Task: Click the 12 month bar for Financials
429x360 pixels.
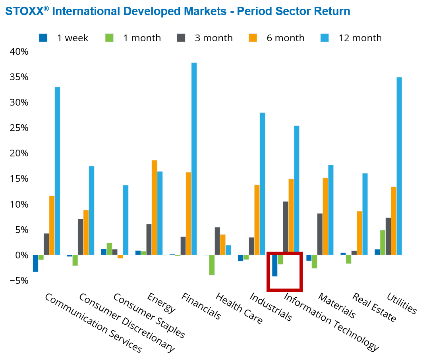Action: point(194,159)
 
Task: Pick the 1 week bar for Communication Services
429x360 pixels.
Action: point(35,263)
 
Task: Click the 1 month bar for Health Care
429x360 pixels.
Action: point(212,265)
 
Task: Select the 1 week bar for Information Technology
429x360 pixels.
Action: point(274,266)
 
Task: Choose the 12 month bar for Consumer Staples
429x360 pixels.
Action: point(126,220)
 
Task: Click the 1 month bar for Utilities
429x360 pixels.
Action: point(383,243)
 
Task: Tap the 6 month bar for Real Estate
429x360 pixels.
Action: point(359,233)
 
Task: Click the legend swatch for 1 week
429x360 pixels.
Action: point(43,38)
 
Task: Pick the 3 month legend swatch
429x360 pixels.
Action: point(181,38)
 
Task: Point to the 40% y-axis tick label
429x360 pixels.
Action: point(19,52)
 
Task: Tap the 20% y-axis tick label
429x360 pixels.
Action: point(19,153)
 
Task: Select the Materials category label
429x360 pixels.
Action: point(337,306)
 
